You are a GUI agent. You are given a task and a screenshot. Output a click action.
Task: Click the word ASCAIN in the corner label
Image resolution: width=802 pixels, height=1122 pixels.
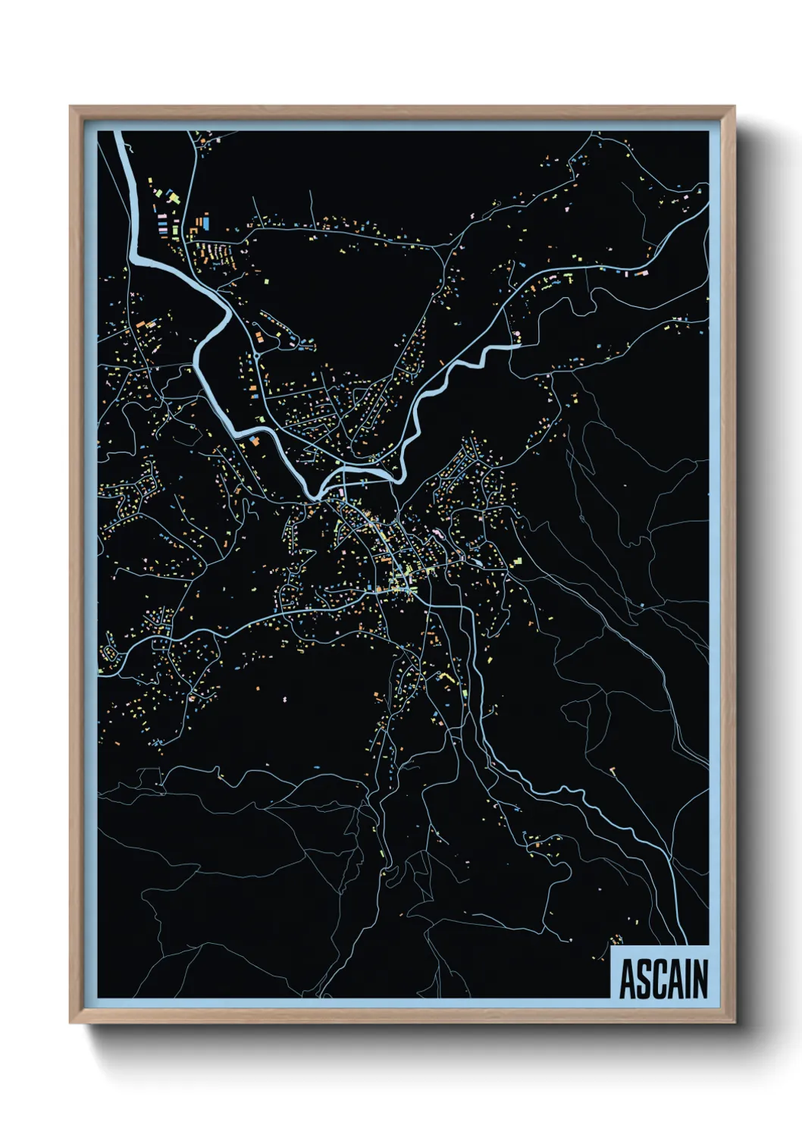pyautogui.click(x=663, y=979)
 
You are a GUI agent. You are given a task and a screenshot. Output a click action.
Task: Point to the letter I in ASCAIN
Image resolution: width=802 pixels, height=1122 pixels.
pyautogui.click(x=688, y=979)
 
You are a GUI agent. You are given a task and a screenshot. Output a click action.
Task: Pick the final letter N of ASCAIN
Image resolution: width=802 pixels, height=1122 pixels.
pyautogui.click(x=700, y=979)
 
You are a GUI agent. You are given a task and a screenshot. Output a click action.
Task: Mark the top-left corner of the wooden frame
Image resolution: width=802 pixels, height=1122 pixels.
pyautogui.click(x=70, y=107)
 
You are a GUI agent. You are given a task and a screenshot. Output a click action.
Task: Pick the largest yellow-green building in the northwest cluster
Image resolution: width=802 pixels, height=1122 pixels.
pyautogui.click(x=174, y=198)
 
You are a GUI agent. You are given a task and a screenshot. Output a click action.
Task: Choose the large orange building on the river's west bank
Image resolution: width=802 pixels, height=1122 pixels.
pyautogui.click(x=255, y=440)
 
